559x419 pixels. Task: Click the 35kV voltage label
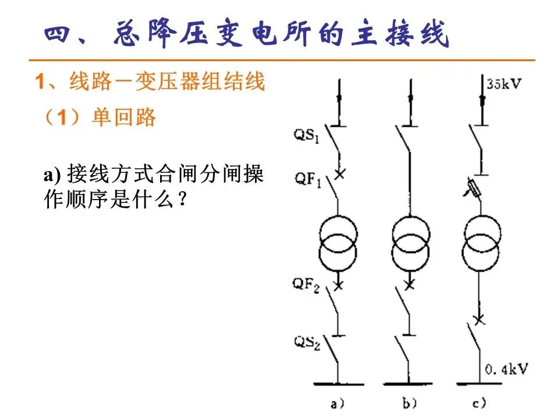pyautogui.click(x=504, y=83)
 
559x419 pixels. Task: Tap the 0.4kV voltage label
pyautogui.click(x=506, y=368)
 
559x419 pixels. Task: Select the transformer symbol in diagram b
pyautogui.click(x=411, y=243)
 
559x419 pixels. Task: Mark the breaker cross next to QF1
pyautogui.click(x=338, y=173)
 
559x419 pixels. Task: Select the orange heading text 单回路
pyautogui.click(x=124, y=118)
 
